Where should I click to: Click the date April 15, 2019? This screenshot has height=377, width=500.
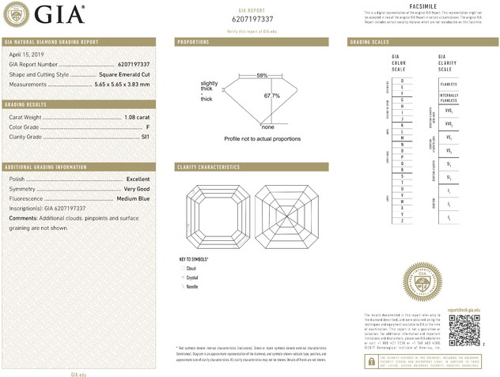(x=23, y=55)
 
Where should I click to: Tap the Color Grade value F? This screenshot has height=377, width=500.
(x=148, y=127)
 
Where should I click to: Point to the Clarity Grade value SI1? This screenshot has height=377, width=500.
(x=145, y=137)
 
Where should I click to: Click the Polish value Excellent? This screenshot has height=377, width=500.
(x=138, y=179)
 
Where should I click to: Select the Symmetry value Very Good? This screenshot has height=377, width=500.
(x=136, y=189)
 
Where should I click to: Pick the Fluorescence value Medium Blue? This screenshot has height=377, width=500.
(x=133, y=198)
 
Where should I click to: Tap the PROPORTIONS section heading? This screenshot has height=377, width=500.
(x=194, y=41)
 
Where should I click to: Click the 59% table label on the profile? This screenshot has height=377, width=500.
(x=262, y=75)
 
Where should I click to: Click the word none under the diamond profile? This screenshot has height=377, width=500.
(x=267, y=126)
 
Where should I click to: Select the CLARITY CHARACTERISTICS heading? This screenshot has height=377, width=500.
(x=209, y=168)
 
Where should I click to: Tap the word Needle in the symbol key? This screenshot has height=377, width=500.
(x=191, y=285)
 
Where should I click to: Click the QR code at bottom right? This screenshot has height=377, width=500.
(x=464, y=329)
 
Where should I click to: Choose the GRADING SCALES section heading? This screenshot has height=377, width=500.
(x=370, y=41)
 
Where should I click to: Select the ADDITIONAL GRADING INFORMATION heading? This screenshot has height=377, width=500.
(x=45, y=168)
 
